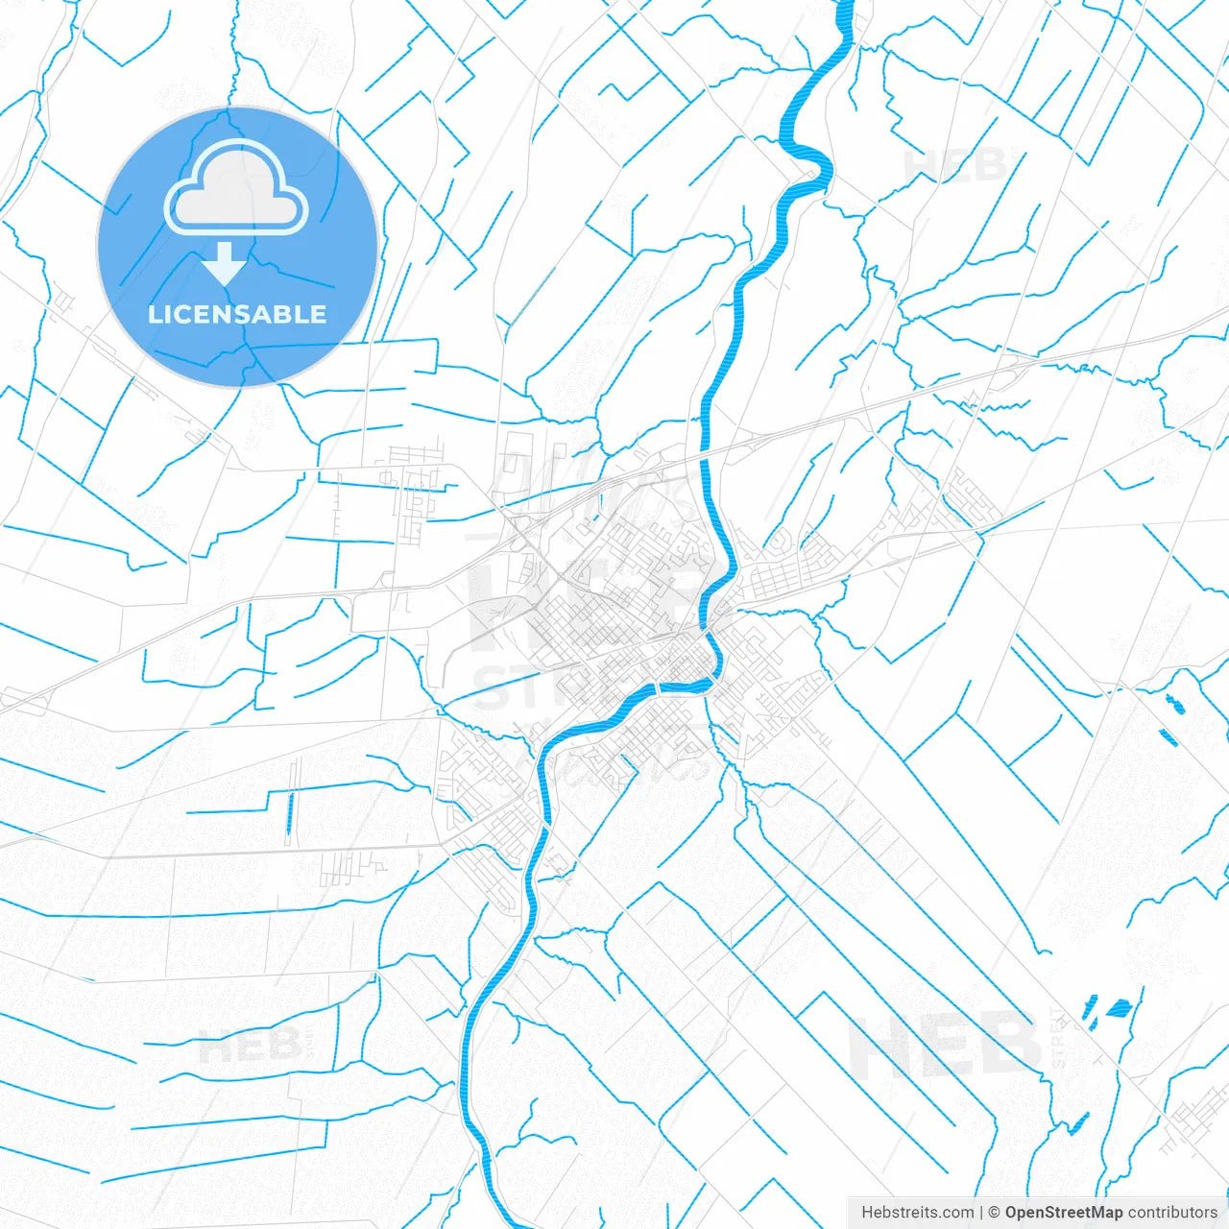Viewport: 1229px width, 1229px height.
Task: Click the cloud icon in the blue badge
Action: click(236, 188)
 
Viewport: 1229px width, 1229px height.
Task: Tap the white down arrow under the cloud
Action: click(225, 263)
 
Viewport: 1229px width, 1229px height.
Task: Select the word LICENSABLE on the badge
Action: click(237, 314)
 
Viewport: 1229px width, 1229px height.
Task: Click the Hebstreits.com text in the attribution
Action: click(917, 1213)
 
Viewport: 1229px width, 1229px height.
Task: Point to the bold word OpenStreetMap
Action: click(1063, 1213)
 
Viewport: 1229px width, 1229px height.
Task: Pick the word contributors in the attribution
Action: click(1171, 1213)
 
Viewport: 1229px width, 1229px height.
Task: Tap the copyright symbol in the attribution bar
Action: click(995, 1213)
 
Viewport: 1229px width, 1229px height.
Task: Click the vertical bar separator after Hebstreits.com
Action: click(981, 1213)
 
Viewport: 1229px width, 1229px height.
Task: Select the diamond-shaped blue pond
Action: click(1118, 1008)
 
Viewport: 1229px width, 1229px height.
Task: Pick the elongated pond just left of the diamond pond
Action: click(1090, 1008)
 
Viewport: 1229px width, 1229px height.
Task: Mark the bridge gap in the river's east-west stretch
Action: click(657, 688)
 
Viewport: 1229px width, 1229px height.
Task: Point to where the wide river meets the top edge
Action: click(846, 4)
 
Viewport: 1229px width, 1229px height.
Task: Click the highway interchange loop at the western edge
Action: click(19, 701)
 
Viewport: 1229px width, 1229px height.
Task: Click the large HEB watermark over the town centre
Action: click(586, 605)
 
